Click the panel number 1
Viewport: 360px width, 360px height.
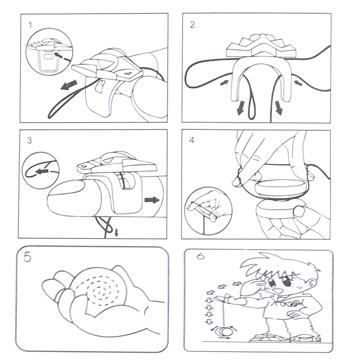(30, 25)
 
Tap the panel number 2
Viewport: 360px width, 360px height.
(193, 25)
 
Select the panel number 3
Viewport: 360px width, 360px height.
(29, 140)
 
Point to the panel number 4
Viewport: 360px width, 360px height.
(192, 140)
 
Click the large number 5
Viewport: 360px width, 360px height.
(27, 257)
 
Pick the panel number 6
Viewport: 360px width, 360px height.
(200, 256)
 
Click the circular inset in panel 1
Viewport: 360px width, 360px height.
(49, 52)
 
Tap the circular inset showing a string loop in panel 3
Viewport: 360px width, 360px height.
(40, 171)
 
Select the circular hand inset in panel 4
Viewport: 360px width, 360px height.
(208, 211)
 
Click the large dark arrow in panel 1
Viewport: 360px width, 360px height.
(69, 85)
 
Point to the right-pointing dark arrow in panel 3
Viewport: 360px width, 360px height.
(152, 199)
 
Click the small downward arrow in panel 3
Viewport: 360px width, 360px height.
(117, 233)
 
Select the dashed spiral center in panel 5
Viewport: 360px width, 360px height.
(100, 292)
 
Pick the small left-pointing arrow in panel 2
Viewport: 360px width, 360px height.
(298, 83)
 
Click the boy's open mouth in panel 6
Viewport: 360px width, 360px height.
(279, 291)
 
